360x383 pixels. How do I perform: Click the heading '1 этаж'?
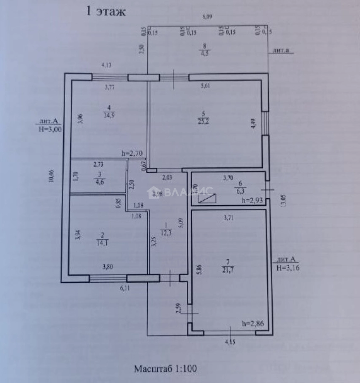click(105, 12)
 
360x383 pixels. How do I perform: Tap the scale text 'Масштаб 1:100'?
click(165, 368)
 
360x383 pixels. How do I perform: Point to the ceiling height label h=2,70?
click(132, 154)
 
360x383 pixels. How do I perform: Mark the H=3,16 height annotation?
click(288, 267)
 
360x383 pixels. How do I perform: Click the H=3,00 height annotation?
click(50, 129)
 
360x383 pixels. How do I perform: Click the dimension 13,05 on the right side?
click(283, 201)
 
